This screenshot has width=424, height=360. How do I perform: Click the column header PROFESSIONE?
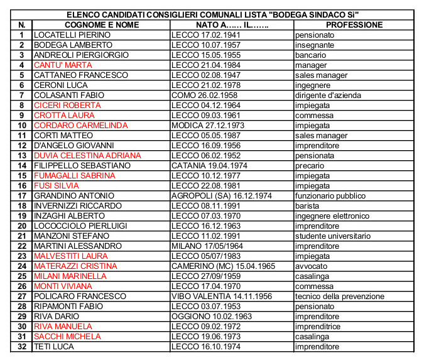click(354, 25)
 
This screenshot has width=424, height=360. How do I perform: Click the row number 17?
click(21, 195)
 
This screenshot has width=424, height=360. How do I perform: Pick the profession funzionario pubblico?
click(331, 195)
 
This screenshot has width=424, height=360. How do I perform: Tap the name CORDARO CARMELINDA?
click(80, 125)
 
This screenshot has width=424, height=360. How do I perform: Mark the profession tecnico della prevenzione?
click(340, 296)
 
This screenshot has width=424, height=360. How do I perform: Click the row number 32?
click(21, 346)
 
